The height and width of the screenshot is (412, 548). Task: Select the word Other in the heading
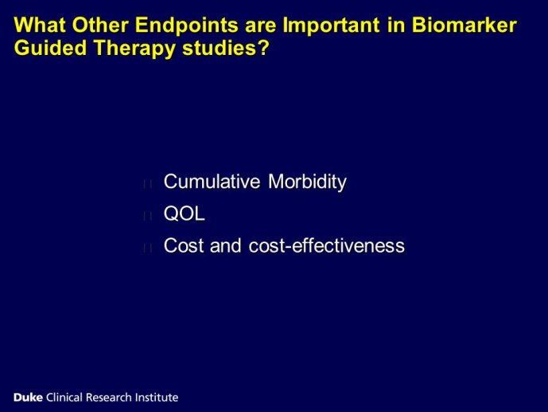[x=100, y=26]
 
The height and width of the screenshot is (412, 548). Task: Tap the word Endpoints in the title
[x=187, y=26]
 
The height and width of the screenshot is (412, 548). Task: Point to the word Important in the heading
[x=332, y=26]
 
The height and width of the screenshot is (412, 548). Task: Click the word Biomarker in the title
[x=464, y=26]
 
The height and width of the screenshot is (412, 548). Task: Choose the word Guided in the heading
[x=50, y=48]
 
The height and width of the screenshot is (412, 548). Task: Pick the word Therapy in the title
[x=134, y=49]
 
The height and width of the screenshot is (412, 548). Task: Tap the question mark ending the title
[x=263, y=48]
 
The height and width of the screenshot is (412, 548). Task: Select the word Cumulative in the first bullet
[x=212, y=182]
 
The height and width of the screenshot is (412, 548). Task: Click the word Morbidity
[x=307, y=182]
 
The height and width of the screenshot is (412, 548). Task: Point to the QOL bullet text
[x=185, y=214]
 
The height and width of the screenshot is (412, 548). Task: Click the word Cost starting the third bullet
[x=184, y=245]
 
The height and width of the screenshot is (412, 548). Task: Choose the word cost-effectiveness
[x=327, y=245]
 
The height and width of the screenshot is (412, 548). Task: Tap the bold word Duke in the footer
[x=28, y=398]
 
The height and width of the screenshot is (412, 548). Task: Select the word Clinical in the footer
[x=64, y=398]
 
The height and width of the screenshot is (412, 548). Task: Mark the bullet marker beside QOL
[x=147, y=216]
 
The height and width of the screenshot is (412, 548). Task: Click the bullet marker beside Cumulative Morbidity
[x=147, y=184]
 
